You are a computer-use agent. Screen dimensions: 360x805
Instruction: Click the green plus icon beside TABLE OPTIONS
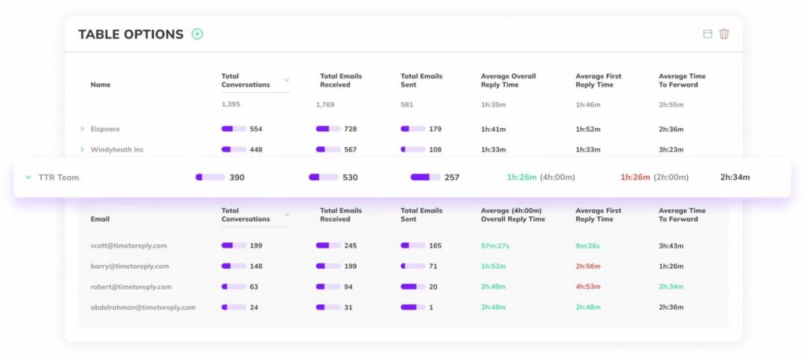coord(197,34)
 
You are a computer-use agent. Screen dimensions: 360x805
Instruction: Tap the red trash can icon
coord(724,34)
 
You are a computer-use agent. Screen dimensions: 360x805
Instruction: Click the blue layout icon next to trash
coord(708,34)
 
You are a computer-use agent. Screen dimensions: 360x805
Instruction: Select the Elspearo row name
coord(105,129)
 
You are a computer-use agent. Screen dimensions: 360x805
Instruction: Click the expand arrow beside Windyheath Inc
coord(82,149)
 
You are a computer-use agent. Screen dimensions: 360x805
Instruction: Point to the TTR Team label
coord(59,178)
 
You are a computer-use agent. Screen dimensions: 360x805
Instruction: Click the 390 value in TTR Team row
coord(237,178)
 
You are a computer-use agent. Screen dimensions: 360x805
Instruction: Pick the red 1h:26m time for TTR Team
coord(635,178)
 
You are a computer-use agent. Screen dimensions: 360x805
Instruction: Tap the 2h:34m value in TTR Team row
coord(735,178)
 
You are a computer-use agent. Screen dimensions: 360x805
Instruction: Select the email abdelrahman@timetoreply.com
coord(143,307)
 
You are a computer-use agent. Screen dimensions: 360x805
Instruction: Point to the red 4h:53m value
coord(588,287)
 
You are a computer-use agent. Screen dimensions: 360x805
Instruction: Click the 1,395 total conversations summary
coord(232,105)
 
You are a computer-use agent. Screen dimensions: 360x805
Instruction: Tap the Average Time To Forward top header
coord(682,80)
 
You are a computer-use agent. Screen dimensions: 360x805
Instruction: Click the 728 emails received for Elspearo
coord(350,129)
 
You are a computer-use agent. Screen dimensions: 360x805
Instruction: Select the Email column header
coord(100,219)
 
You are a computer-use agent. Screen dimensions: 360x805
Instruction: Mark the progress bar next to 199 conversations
coord(233,246)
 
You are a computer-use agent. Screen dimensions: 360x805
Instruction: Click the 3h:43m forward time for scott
coord(671,246)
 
